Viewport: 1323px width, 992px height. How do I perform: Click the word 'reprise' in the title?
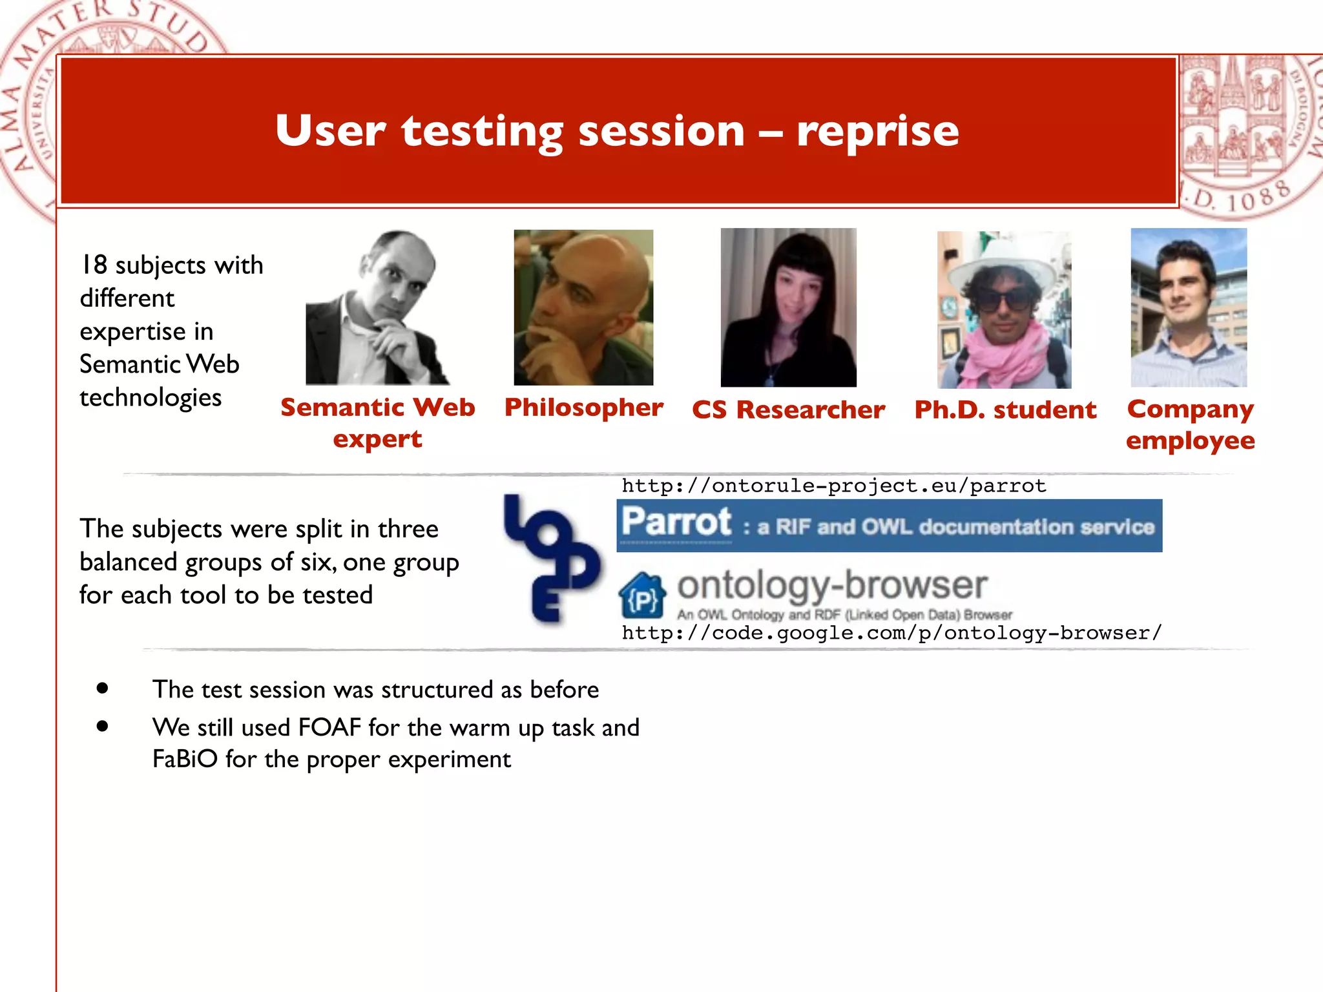click(x=877, y=131)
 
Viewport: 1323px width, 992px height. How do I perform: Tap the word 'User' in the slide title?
click(x=330, y=131)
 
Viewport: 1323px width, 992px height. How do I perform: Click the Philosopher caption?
click(x=583, y=408)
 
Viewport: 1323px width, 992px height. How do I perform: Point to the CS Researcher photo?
click(x=788, y=307)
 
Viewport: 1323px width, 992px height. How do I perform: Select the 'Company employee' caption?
click(x=1190, y=424)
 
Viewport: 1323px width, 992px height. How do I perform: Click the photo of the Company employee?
click(x=1189, y=307)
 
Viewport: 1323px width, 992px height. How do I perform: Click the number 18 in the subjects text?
click(x=94, y=265)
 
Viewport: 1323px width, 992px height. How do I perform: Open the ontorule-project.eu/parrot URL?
click(x=833, y=486)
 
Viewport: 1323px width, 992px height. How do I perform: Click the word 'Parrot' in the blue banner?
click(x=676, y=522)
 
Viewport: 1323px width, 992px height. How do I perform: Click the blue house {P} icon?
click(x=642, y=595)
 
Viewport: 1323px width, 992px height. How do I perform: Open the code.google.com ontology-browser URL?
click(x=891, y=633)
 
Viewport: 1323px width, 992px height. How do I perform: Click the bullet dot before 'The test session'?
click(x=102, y=688)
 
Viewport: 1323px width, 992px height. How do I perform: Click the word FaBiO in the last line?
click(x=185, y=759)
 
